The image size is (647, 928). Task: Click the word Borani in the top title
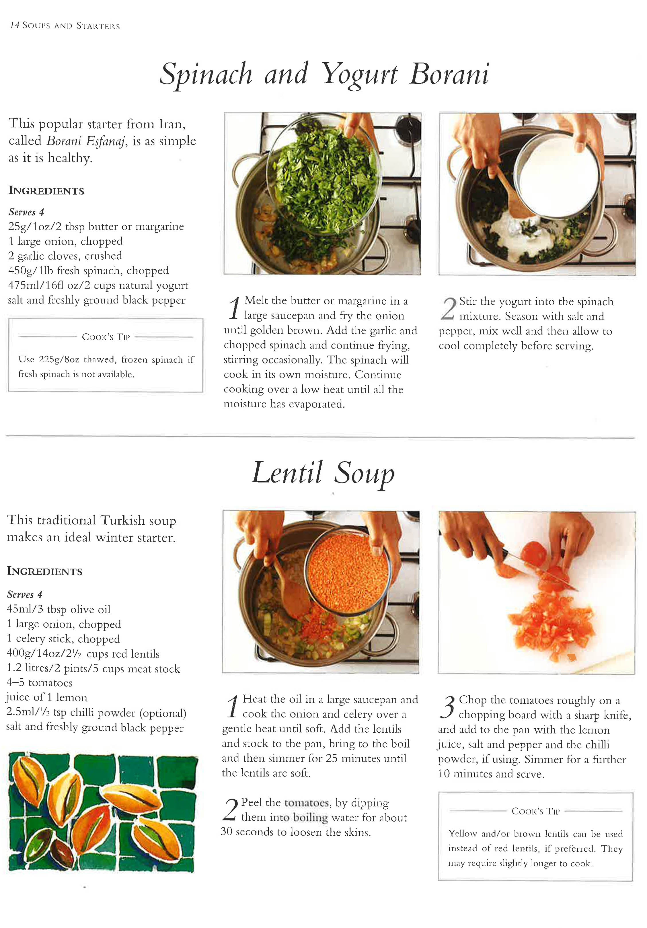coord(449,74)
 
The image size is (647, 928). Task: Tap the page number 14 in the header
coord(15,26)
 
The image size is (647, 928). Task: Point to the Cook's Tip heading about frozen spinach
coord(106,337)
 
